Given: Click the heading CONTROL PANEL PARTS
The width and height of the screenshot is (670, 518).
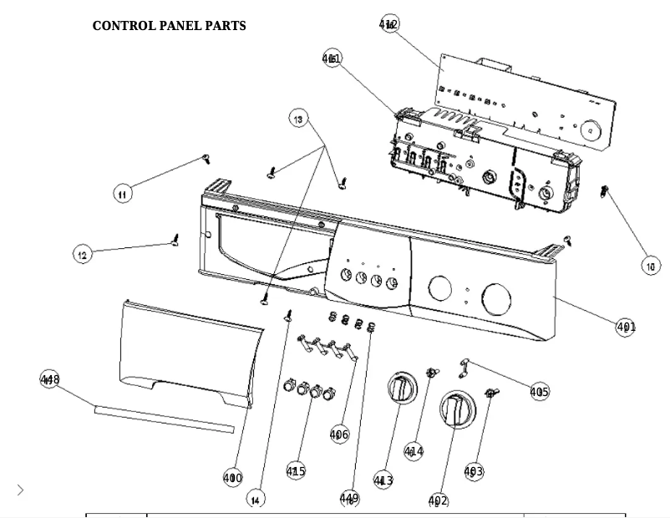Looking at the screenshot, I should point(169,26).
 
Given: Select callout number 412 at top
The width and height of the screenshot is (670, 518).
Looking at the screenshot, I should point(388,24).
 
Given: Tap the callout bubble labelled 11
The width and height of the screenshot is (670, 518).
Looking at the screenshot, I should point(122,194).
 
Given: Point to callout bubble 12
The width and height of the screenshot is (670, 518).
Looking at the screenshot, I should point(82,255).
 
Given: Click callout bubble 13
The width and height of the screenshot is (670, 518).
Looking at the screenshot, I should point(299,119).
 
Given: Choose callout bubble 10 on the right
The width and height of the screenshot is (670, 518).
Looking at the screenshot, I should point(650,266).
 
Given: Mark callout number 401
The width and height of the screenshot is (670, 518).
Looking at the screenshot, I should point(626,327).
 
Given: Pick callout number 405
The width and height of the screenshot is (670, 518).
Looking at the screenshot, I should point(539,391).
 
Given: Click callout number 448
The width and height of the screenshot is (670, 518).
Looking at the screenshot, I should point(50,380).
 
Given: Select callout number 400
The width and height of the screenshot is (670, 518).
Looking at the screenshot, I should point(233,478).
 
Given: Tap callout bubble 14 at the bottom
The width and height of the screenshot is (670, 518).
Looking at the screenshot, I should point(256,498).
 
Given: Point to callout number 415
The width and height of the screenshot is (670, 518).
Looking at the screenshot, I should point(296,471).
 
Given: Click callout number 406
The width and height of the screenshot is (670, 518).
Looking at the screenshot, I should point(339,434).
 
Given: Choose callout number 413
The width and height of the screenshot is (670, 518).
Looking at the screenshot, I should point(383,480).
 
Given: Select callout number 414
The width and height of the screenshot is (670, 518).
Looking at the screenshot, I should point(414,451).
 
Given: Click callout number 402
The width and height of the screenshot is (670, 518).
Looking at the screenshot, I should point(438,500).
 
